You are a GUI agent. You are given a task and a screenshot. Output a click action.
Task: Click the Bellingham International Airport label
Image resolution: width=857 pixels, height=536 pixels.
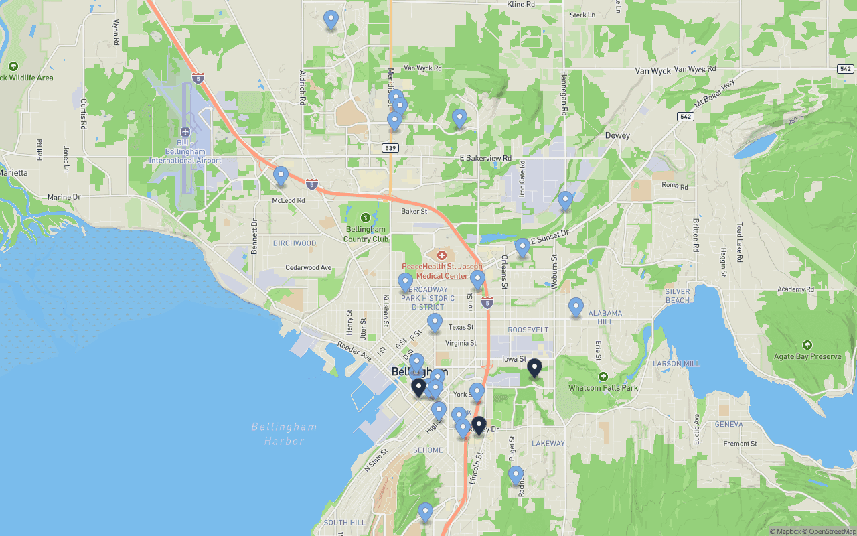(185, 152)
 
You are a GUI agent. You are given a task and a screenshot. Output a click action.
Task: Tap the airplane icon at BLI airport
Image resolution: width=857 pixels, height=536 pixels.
(185, 131)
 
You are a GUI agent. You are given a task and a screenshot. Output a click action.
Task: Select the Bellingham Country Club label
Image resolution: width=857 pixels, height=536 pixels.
(366, 234)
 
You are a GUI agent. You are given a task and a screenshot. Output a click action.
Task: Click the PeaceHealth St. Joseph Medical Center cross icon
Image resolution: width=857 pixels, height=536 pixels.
(441, 255)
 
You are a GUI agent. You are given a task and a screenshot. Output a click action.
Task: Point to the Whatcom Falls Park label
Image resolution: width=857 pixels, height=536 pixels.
(603, 387)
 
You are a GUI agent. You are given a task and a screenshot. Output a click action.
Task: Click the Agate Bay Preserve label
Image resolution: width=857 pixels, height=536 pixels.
(807, 356)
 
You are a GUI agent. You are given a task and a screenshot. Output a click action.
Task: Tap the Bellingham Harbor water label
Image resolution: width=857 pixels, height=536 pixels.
(284, 433)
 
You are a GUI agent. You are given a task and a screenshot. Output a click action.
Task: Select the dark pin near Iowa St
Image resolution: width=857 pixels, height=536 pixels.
(534, 368)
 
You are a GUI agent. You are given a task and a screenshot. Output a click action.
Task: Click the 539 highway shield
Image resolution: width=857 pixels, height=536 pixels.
(391, 147)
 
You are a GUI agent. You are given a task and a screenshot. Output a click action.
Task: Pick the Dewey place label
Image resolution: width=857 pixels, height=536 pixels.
(617, 135)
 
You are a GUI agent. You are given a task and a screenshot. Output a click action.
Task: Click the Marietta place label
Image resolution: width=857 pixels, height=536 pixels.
(13, 172)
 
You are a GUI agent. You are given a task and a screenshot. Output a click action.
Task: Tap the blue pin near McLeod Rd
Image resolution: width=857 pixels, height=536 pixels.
(281, 176)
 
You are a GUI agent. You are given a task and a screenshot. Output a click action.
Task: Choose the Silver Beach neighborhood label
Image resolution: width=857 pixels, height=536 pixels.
(678, 296)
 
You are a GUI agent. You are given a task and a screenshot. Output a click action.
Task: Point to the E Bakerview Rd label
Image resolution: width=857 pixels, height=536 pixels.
(485, 158)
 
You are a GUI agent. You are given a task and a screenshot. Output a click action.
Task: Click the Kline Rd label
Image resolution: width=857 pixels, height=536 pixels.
(521, 4)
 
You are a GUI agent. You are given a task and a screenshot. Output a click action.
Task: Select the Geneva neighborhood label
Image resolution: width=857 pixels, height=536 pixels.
(728, 424)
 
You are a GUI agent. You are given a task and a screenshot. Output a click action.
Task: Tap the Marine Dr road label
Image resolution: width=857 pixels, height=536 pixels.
(64, 197)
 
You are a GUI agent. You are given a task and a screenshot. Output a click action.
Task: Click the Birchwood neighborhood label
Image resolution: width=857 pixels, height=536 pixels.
(295, 243)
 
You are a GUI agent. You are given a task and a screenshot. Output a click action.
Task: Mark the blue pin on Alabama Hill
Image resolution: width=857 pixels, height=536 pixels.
(576, 308)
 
